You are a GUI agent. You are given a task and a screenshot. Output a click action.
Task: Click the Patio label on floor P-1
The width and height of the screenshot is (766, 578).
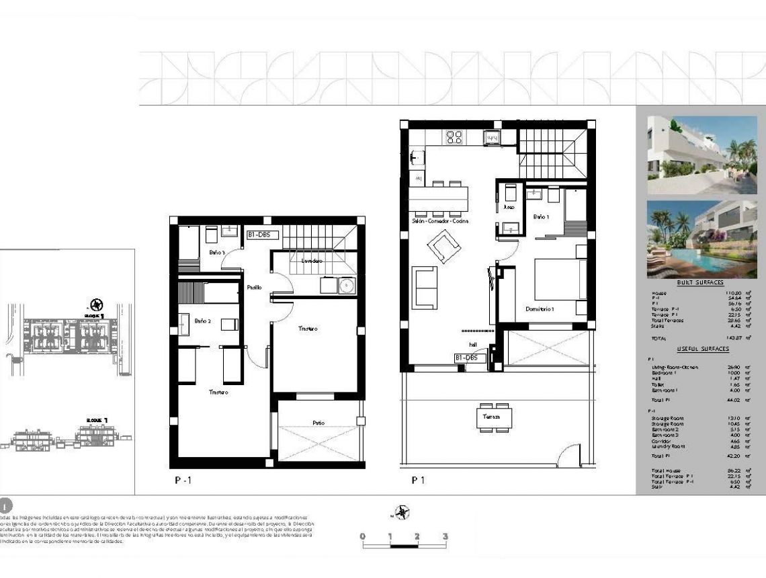[318, 423]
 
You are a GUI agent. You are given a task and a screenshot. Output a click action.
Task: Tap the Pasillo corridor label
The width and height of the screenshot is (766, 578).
[253, 287]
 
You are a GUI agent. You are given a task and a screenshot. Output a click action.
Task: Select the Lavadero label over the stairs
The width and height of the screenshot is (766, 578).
[312, 260]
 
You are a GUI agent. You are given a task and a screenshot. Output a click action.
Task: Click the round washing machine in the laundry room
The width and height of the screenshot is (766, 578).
[347, 286]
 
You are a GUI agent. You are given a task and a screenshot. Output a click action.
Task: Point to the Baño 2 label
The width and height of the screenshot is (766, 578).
[203, 322]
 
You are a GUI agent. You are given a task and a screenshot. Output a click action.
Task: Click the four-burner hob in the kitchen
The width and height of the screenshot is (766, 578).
[454, 137]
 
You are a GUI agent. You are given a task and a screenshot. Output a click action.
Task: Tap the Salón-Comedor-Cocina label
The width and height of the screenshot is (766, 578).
[440, 221]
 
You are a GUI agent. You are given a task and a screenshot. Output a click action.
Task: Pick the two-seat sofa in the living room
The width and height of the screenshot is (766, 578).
[424, 286]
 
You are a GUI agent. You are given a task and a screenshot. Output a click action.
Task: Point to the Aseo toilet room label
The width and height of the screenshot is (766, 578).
[509, 207]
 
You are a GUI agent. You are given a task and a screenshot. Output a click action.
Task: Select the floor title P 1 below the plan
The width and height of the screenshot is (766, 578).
[419, 481]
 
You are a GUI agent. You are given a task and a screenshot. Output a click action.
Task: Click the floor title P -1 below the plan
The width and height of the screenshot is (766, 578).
[183, 481]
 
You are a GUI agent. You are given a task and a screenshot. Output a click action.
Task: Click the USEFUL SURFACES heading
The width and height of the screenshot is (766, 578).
[703, 349]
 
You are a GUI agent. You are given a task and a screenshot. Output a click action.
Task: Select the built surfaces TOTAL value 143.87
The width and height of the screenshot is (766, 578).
[733, 338]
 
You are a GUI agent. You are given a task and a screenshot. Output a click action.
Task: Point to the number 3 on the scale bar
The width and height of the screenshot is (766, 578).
[445, 536]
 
